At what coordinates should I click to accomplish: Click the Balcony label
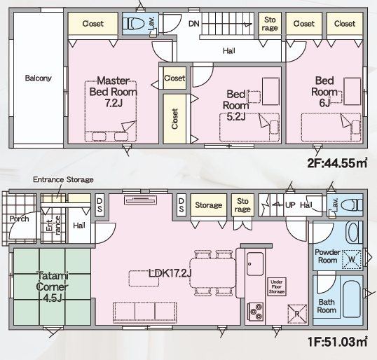39,78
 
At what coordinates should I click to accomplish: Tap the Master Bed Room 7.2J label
114,92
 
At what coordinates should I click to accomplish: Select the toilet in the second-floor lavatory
134,24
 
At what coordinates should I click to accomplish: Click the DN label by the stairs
194,24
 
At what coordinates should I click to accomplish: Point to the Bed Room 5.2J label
236,105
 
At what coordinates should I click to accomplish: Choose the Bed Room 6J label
324,92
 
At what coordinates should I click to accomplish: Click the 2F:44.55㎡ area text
337,163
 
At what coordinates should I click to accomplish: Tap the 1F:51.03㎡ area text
337,342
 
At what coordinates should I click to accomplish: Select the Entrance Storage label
63,180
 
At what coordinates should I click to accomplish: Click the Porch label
19,219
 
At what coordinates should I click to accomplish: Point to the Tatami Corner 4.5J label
52,286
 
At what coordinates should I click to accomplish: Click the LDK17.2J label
170,273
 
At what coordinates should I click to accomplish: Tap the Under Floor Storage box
277,286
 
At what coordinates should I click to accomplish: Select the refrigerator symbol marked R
297,314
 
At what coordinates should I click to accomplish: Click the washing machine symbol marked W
352,259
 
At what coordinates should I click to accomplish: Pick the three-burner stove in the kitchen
255,312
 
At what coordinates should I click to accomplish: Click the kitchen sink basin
255,264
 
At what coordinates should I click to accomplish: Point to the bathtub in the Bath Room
352,299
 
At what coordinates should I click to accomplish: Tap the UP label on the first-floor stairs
290,205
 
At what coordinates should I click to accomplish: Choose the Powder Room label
327,256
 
